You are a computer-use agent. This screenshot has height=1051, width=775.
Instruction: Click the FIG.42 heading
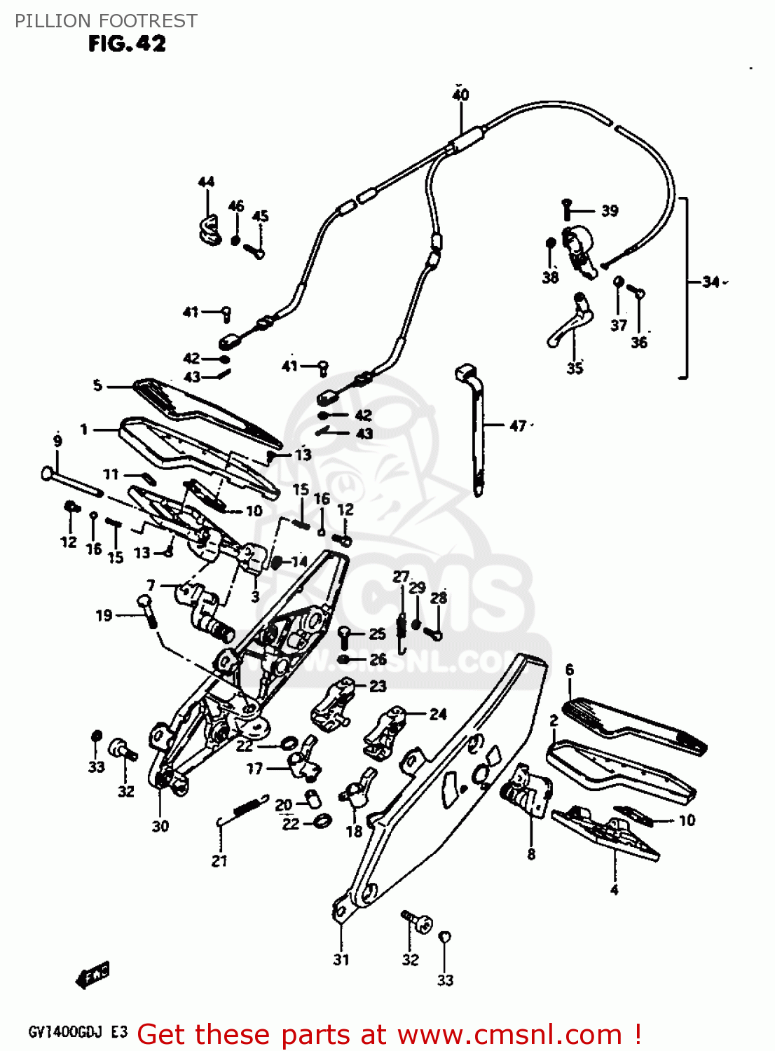pos(127,43)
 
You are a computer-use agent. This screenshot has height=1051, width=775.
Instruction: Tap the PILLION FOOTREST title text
pos(106,20)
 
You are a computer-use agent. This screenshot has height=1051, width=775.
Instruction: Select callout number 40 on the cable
pos(460,95)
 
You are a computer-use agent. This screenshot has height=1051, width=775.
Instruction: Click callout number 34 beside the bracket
pos(711,282)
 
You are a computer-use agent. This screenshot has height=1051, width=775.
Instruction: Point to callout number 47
pos(517,425)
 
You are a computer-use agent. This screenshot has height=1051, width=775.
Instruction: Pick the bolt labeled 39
pos(568,208)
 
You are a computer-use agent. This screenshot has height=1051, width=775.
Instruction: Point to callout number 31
pos(341,959)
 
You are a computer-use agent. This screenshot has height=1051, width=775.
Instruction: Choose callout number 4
pos(614,890)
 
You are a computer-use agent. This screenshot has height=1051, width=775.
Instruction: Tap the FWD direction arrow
pos(92,974)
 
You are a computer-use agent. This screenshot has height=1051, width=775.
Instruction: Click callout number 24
pos(437,714)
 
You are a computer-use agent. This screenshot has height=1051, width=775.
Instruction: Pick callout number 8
pos(530,853)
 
